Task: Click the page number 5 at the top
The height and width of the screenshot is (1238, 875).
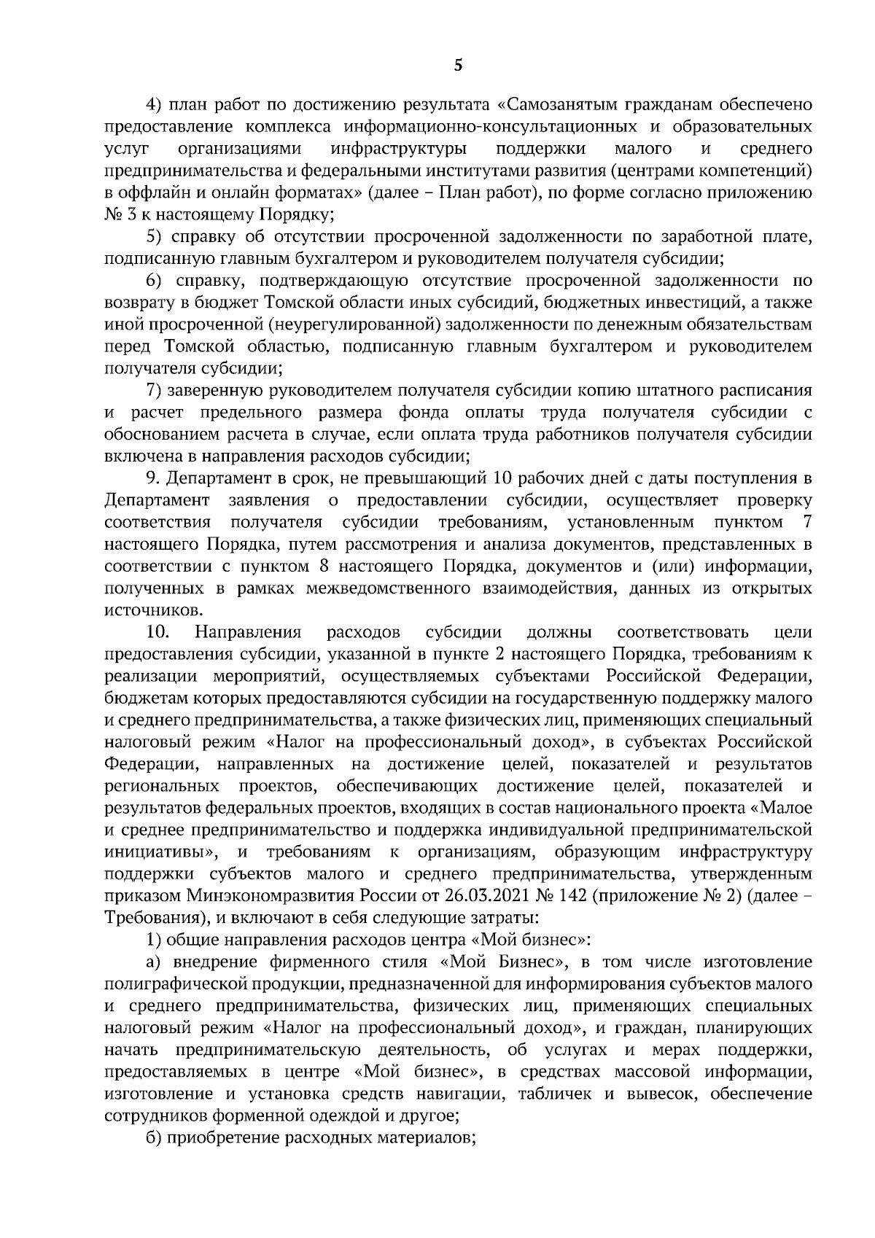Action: click(457, 66)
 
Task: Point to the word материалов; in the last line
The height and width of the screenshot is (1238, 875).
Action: click(421, 1137)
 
